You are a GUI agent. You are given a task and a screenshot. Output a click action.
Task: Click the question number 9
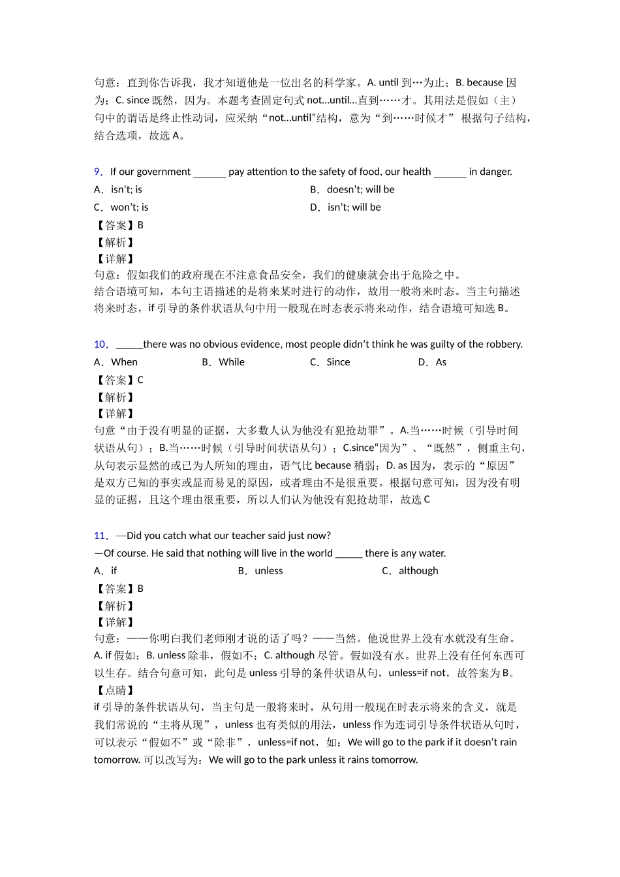tap(98, 172)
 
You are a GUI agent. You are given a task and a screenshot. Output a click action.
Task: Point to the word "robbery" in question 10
tap(503, 345)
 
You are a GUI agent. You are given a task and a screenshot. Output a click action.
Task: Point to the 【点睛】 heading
tap(115, 690)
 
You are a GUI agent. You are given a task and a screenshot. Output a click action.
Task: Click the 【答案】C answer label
tap(119, 380)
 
